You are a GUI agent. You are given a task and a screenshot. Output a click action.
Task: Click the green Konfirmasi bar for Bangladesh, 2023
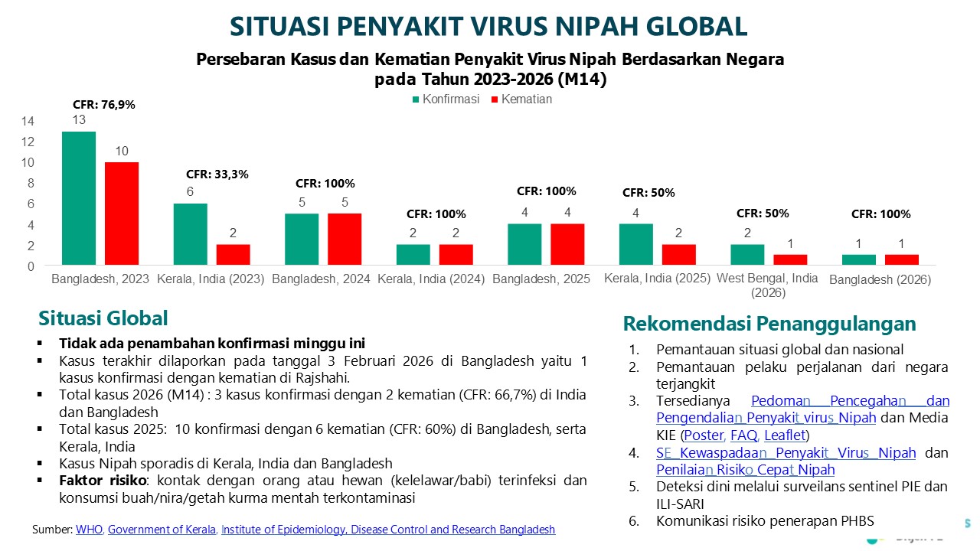tap(79, 199)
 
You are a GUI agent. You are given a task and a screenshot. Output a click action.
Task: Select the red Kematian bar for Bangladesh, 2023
tap(122, 214)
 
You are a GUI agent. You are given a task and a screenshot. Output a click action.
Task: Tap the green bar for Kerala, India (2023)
tap(191, 234)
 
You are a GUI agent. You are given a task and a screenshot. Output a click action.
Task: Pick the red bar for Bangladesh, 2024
tap(345, 240)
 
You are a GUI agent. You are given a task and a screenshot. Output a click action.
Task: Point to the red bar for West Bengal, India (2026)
tap(789, 260)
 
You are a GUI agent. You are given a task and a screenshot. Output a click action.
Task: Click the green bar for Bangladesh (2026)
tap(858, 260)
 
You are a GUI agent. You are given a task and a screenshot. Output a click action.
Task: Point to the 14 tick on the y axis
tap(28, 121)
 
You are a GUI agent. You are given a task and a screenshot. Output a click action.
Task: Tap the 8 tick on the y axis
tap(31, 184)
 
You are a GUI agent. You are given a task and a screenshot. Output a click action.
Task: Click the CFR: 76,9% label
tap(104, 105)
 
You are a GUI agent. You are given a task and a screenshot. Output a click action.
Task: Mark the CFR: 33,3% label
tap(217, 174)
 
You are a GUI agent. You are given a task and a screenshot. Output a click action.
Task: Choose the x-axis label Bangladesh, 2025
tap(541, 279)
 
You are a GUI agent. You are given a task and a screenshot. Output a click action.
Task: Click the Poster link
tap(704, 435)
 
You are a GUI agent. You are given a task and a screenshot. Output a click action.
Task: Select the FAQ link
tap(743, 435)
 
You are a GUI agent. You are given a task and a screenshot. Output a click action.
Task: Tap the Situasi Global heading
tap(103, 318)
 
